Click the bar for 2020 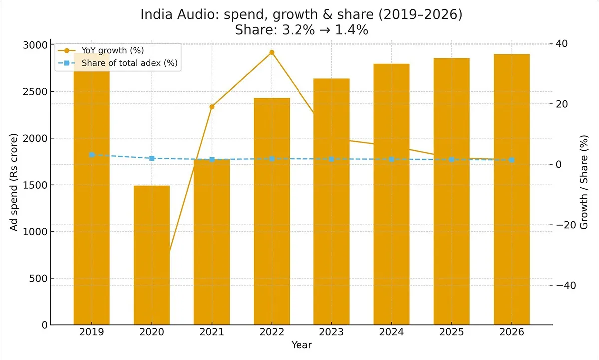point(152,255)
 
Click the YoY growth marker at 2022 point(272,52)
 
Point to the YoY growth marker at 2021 point(212,107)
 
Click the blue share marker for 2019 point(92,155)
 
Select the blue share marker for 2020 point(152,158)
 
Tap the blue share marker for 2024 point(391,159)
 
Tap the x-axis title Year point(301,345)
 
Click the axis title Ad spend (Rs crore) point(15,182)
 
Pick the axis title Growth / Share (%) point(584,182)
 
